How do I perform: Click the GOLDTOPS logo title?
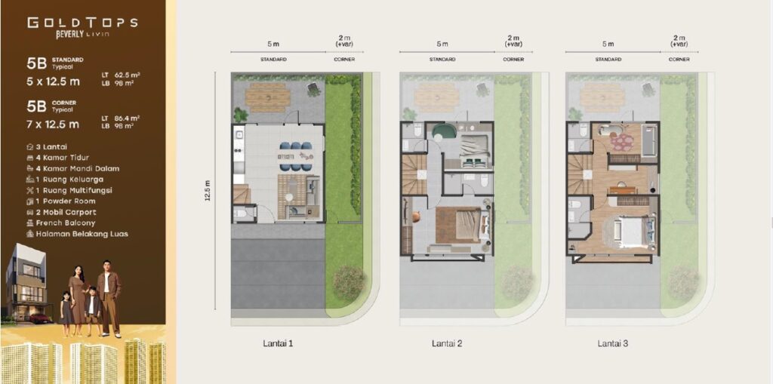click(82, 23)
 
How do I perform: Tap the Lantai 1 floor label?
click(278, 343)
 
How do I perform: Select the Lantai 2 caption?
click(447, 343)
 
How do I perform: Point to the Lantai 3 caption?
click(613, 343)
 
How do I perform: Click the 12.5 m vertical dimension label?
click(208, 190)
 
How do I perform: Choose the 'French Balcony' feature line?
click(61, 223)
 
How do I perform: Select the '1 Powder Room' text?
click(61, 201)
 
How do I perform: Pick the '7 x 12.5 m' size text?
click(53, 124)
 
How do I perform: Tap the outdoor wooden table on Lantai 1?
click(268, 97)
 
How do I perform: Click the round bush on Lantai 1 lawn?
click(349, 282)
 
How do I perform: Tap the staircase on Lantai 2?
click(414, 174)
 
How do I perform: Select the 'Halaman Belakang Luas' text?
click(78, 234)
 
